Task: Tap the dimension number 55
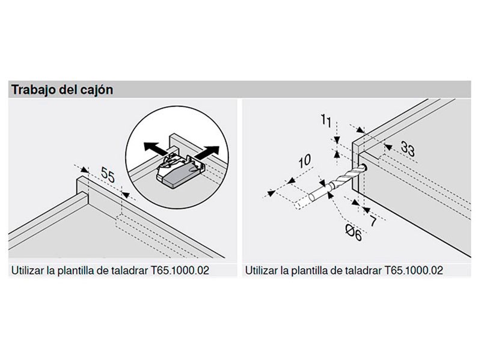pyautogui.click(x=108, y=175)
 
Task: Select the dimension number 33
pyautogui.click(x=408, y=149)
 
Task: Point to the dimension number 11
pyautogui.click(x=326, y=121)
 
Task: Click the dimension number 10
pyautogui.click(x=305, y=161)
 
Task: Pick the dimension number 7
pyautogui.click(x=373, y=221)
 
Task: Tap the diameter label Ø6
pyautogui.click(x=354, y=233)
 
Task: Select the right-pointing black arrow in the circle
pyautogui.click(x=207, y=153)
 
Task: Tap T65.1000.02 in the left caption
pyautogui.click(x=180, y=270)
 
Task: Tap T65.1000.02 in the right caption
pyautogui.click(x=414, y=270)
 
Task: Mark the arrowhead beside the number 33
pyautogui.click(x=388, y=147)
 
